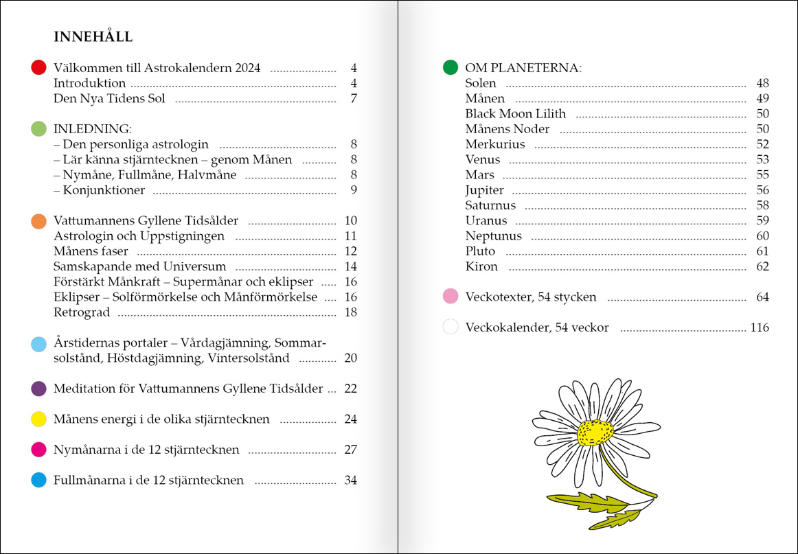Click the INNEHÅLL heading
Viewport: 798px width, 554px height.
coord(93,37)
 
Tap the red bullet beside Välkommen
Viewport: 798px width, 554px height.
coord(39,67)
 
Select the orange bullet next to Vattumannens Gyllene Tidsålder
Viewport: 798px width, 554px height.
coord(39,221)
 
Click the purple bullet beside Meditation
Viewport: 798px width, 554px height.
coord(39,389)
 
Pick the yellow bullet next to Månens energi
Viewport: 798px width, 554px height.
coord(39,419)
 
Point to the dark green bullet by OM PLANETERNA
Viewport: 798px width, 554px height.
coord(451,67)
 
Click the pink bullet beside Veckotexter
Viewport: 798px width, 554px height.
coord(451,297)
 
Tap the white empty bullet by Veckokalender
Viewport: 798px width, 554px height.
coord(451,327)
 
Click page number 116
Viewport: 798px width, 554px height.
coord(760,327)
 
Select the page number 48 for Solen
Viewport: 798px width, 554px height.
coord(762,84)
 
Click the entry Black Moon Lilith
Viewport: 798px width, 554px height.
coord(515,114)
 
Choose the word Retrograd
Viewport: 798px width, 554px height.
coord(81,312)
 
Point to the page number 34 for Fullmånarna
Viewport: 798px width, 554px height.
coord(350,481)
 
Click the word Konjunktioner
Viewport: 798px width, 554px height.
coord(103,190)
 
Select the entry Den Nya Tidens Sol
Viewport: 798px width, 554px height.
coord(109,98)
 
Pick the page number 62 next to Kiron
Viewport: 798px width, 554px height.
coord(762,266)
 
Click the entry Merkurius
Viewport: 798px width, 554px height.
coord(494,144)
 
